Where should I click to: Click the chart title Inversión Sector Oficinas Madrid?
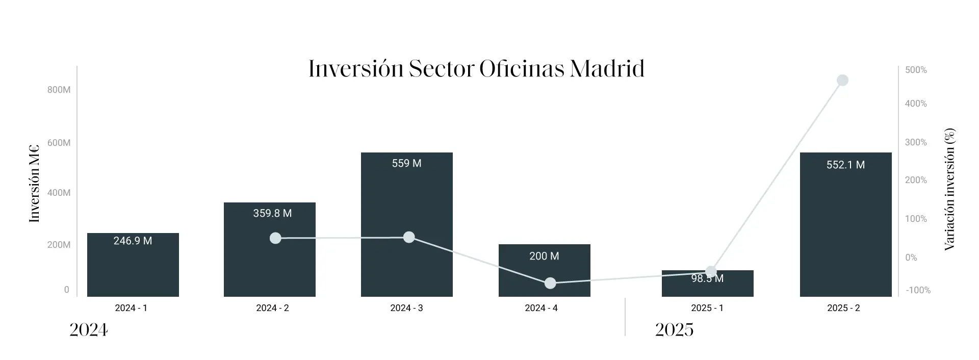pos(476,69)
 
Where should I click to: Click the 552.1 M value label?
pos(845,165)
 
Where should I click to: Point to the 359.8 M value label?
pos(272,213)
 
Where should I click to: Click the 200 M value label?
pos(544,256)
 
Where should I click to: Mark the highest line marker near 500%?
pos(842,80)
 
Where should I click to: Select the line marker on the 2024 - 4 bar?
pos(550,283)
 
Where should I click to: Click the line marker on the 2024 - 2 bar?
pos(275,238)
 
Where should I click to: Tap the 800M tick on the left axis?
pos(59,90)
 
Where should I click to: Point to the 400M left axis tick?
pos(59,193)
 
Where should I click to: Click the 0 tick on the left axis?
pos(66,290)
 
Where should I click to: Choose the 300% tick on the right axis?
pos(916,142)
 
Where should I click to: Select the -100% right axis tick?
pos(918,290)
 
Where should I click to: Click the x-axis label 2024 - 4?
pos(541,308)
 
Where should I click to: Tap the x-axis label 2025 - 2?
pos(843,308)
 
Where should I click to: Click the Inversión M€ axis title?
pos(34,184)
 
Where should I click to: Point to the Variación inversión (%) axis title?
pos(949,189)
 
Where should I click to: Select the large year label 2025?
pos(674,330)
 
